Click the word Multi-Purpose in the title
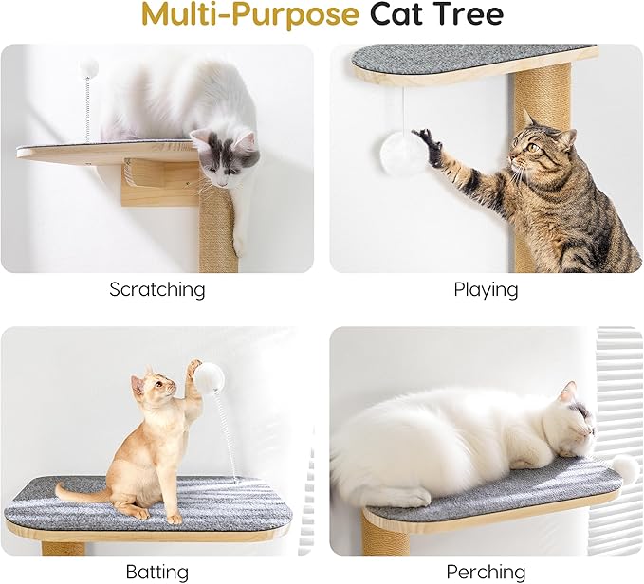pyautogui.click(x=249, y=15)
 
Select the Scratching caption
pyautogui.click(x=156, y=289)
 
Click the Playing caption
pyautogui.click(x=486, y=289)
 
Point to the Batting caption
pyautogui.click(x=156, y=572)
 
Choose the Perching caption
pyautogui.click(x=486, y=572)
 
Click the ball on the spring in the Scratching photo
pyautogui.click(x=88, y=66)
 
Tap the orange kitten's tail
pyautogui.click(x=81, y=494)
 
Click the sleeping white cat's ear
pyautogui.click(x=567, y=392)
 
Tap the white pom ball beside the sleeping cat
pyautogui.click(x=623, y=466)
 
